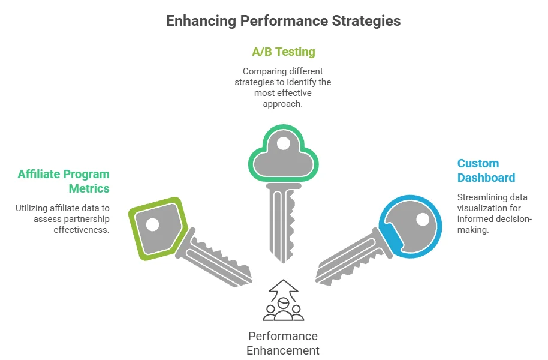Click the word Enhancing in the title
click(x=201, y=21)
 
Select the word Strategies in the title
click(x=366, y=21)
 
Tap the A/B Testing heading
click(x=284, y=52)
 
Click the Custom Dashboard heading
click(x=486, y=170)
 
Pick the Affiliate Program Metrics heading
click(x=64, y=181)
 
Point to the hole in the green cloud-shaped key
click(x=283, y=143)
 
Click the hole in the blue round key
click(x=423, y=220)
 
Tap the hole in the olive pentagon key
click(x=152, y=224)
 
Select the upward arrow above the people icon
click(x=284, y=290)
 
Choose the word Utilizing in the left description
click(x=31, y=208)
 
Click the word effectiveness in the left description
click(x=82, y=230)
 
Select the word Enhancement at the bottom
click(x=283, y=350)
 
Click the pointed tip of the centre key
click(x=283, y=262)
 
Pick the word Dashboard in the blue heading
click(x=486, y=178)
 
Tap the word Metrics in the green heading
click(x=89, y=188)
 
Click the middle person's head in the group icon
click(x=283, y=303)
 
